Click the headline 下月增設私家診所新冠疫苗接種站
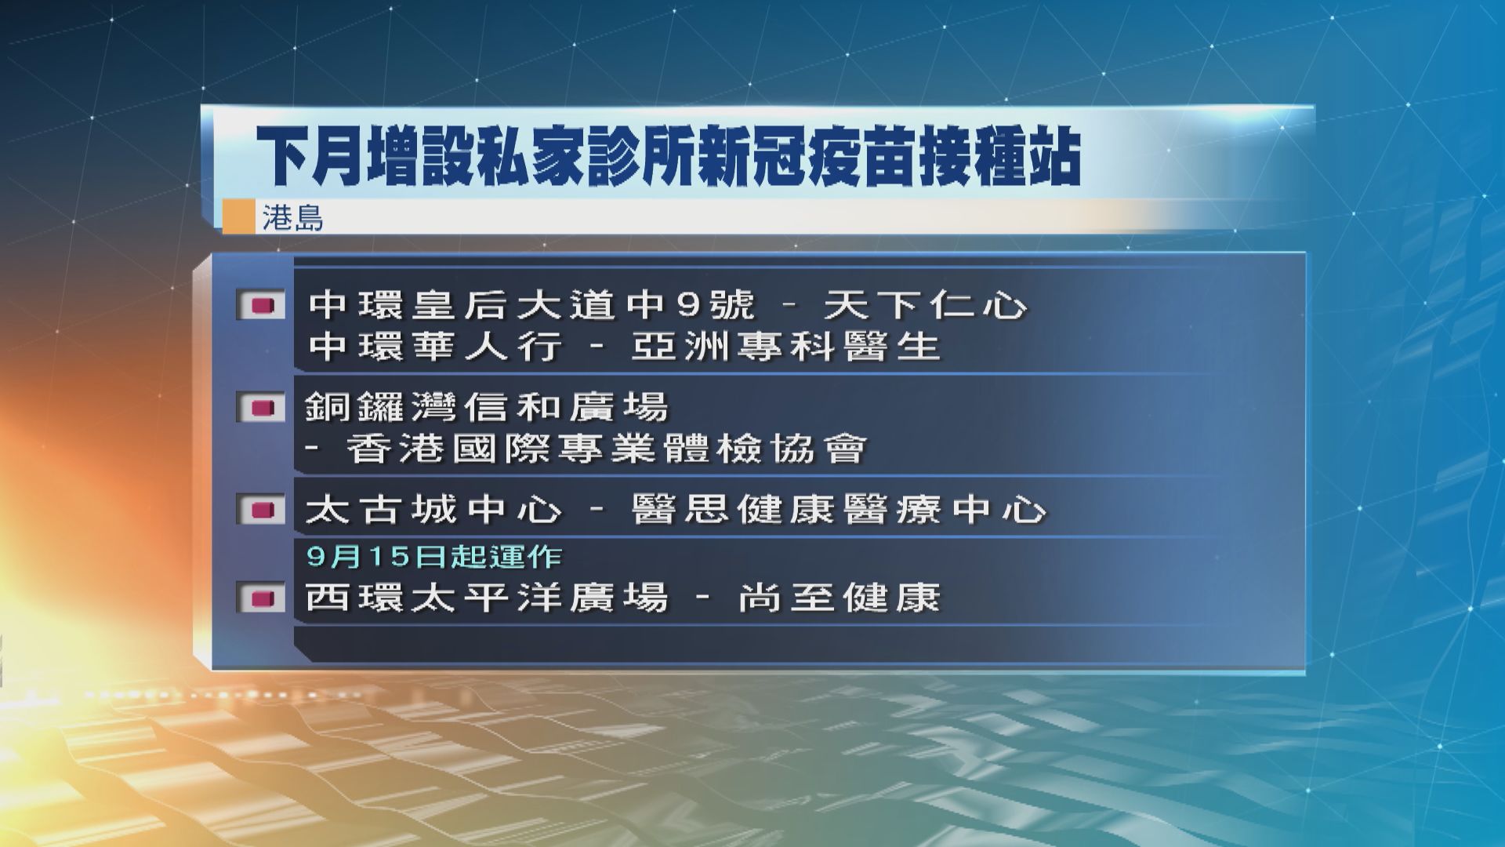[670, 158]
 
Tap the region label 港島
[292, 218]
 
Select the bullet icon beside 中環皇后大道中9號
[261, 306]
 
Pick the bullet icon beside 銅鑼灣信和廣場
[261, 408]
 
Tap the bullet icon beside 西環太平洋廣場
[261, 598]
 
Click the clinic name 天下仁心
[925, 305]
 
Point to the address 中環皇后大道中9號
[531, 305]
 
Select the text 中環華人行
[435, 347]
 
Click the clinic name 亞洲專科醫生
[785, 347]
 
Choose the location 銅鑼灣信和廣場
[487, 408]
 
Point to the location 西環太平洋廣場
[487, 598]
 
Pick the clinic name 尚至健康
[839, 598]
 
